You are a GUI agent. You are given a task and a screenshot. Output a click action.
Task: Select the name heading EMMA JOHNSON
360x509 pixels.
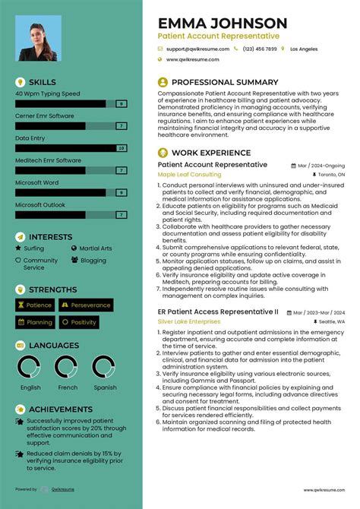point(223,24)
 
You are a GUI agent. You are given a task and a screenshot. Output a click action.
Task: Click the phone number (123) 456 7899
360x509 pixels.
point(261,49)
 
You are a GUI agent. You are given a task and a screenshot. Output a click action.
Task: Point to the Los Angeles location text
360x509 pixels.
point(304,49)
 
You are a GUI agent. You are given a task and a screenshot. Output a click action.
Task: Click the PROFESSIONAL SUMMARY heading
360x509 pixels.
point(225,82)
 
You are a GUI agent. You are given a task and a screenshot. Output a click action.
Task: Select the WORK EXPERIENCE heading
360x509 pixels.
point(210,153)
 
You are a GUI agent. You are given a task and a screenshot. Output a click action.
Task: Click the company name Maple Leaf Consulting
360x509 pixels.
point(188,174)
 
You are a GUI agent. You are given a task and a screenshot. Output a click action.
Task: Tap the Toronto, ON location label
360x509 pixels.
point(328,174)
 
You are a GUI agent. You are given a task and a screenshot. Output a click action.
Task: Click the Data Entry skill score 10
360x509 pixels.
point(121,148)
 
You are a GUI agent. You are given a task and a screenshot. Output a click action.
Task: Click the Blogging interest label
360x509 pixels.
point(93,261)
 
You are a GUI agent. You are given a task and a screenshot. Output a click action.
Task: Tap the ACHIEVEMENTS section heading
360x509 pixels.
point(61,409)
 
